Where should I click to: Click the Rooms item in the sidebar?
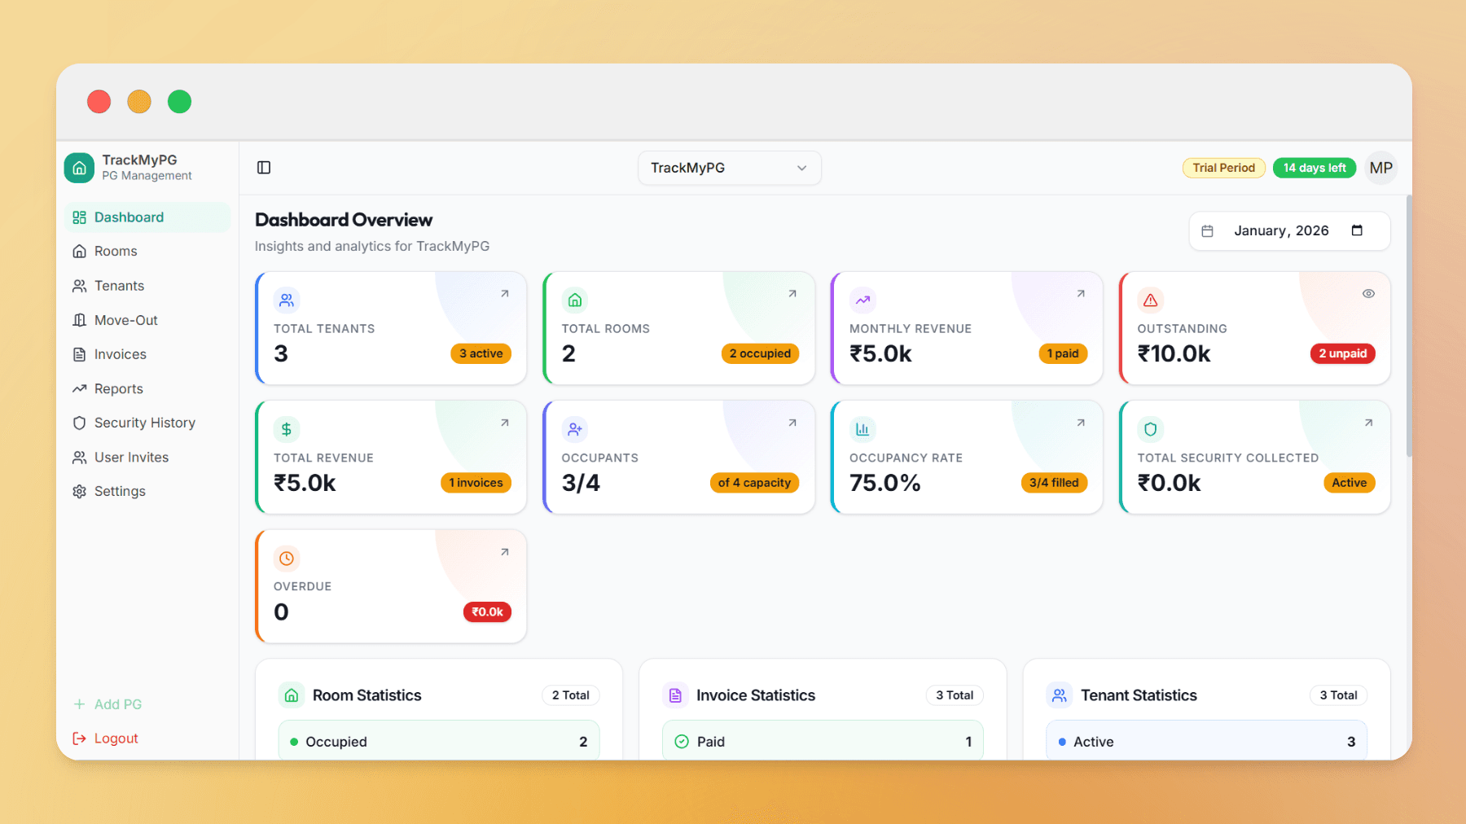point(115,252)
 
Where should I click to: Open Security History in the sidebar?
point(144,423)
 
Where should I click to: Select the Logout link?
point(116,739)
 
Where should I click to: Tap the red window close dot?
point(99,102)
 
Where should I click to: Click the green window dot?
point(179,102)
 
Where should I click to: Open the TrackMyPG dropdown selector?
point(729,168)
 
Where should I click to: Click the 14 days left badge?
point(1314,168)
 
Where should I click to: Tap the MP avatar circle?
point(1380,168)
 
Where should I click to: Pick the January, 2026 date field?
point(1288,231)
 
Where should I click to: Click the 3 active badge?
point(481,353)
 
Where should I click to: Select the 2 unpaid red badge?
point(1342,353)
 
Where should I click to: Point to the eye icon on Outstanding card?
point(1368,294)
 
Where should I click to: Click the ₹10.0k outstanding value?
point(1174,354)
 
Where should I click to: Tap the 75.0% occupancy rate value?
point(884,483)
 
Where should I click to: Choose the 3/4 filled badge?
point(1053,483)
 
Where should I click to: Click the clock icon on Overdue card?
point(287,559)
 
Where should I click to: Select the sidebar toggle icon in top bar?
point(264,168)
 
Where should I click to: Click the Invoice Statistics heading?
point(755,695)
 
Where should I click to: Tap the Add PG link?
point(117,704)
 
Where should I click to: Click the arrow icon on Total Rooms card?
point(792,294)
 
